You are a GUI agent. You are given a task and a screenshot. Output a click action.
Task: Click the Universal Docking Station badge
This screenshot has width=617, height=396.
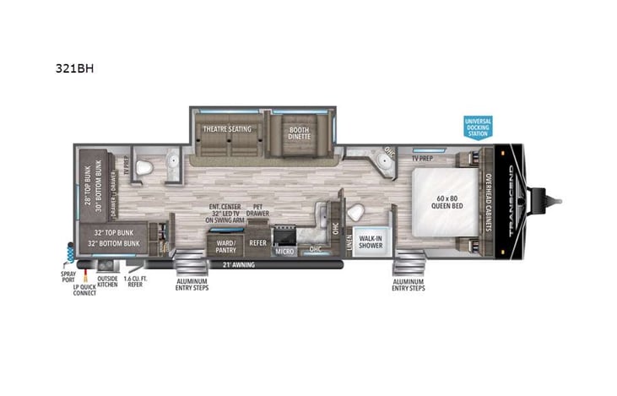tap(478, 127)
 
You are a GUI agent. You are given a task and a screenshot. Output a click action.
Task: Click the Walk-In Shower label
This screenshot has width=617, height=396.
tap(370, 241)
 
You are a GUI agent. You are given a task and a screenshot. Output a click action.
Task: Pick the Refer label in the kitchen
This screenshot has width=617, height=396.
tap(257, 243)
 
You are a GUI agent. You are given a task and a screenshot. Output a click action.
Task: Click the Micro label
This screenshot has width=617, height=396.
tap(283, 251)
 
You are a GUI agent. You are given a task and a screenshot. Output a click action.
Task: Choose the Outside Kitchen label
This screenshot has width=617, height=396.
tap(107, 282)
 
